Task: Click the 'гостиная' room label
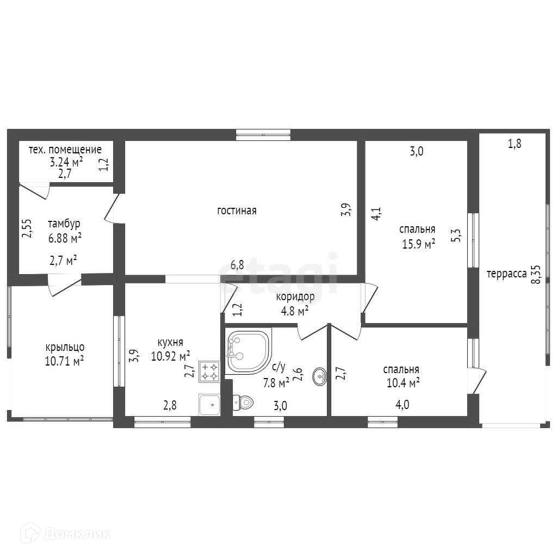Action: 237,211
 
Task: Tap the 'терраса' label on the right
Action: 506,274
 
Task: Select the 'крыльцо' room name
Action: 65,347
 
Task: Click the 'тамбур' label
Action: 64,224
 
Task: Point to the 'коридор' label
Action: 295,296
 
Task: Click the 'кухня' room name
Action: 170,342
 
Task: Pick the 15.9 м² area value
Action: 418,244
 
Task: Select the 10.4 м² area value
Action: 403,383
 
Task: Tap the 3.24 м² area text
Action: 66,162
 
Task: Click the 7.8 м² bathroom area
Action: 276,383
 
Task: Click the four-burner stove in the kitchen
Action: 209,372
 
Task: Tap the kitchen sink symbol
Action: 209,405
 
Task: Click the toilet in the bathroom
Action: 243,402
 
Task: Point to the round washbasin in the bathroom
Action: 320,376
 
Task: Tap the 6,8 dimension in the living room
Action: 237,265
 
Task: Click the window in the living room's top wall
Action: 263,135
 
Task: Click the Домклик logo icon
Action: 30,533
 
